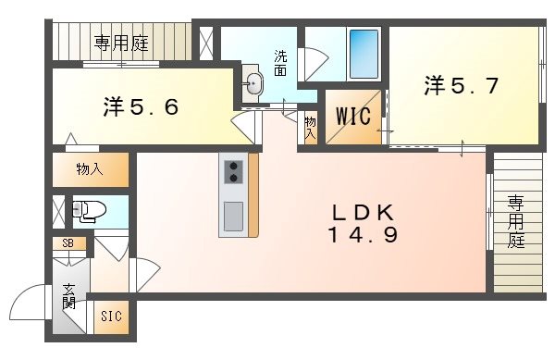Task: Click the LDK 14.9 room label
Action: click(363, 223)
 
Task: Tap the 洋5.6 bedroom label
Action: click(140, 106)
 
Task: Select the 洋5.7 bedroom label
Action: click(462, 87)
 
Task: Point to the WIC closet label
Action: click(352, 117)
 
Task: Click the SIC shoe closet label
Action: click(111, 317)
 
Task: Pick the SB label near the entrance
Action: click(68, 243)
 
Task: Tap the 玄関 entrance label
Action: click(69, 299)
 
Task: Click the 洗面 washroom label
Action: click(280, 62)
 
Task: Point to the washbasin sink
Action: click(253, 84)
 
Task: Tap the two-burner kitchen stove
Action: click(233, 170)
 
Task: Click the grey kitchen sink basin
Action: click(233, 217)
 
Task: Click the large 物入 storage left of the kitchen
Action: click(90, 170)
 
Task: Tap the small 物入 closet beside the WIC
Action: click(310, 129)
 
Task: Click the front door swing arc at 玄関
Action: click(31, 303)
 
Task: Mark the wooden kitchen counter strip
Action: click(253, 194)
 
